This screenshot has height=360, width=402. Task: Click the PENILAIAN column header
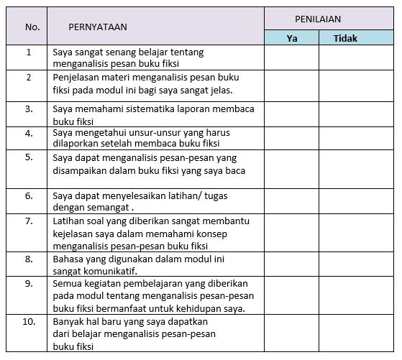pos(318,19)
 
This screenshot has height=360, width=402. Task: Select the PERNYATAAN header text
pos(98,27)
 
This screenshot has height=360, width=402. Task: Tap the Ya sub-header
pos(291,38)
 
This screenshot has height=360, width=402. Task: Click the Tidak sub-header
pos(346,38)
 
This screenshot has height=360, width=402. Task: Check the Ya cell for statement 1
pos(291,57)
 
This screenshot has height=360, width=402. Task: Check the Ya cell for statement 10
pos(291,333)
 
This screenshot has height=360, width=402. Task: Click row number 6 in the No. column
pos(29,195)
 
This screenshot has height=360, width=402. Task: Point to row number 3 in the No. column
pos(29,109)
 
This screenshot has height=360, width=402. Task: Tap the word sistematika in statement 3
pos(140,109)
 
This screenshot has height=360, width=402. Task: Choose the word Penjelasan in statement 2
pos(76,77)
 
